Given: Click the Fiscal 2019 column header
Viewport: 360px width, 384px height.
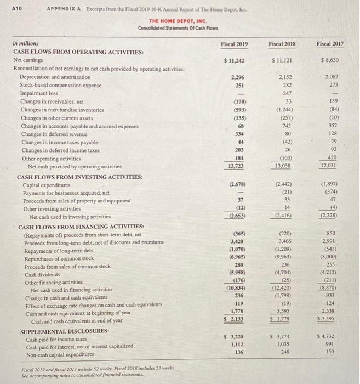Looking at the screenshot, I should coord(234,44).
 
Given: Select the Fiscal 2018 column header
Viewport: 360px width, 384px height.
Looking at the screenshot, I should coord(283,44).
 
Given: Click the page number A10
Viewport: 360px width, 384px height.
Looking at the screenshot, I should coord(16,8).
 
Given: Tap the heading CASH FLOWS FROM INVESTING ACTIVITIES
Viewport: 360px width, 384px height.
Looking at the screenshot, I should coord(80,177).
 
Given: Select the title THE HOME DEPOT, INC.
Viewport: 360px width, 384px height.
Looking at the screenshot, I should coord(174,22).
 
